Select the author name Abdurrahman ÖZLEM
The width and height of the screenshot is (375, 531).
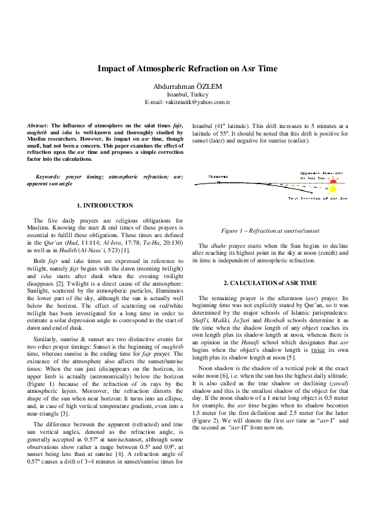pos(187,85)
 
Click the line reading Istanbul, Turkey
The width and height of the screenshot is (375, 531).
pos(187,94)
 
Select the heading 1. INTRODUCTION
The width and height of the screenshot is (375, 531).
pos(105,206)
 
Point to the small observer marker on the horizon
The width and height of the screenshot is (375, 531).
pos(219,183)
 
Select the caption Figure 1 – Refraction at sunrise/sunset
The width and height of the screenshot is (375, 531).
pos(270,230)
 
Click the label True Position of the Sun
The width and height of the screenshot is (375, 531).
pos(318,199)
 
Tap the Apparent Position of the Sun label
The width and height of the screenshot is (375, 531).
pos(323,174)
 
